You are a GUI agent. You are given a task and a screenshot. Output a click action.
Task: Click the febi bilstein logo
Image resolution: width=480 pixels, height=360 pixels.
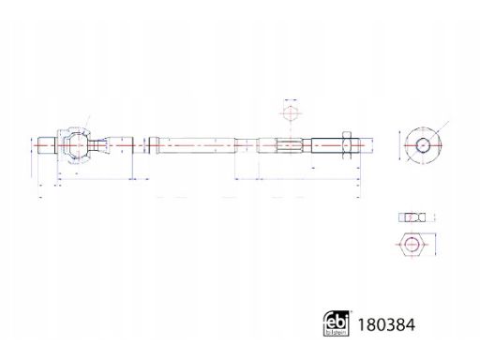click(x=337, y=323)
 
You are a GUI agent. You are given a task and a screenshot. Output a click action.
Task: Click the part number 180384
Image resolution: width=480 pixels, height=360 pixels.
click(x=386, y=324)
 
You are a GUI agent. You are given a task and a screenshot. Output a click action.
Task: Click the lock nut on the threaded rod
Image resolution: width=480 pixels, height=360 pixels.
click(x=347, y=145)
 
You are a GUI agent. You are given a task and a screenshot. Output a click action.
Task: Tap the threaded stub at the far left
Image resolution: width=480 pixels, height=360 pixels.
click(x=47, y=145)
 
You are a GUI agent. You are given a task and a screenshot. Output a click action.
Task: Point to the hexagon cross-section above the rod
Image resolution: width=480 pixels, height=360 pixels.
click(x=291, y=113)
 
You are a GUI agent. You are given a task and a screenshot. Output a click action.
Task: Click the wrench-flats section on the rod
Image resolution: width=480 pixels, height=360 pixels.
click(x=290, y=145)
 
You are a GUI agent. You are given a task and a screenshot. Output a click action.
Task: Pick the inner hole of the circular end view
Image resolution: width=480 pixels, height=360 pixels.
click(x=423, y=145)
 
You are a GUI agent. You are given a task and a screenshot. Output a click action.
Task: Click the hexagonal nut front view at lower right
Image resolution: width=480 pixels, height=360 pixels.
click(x=412, y=245)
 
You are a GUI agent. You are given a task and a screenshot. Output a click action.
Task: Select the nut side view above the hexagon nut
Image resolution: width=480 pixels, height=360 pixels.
click(x=412, y=217)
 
